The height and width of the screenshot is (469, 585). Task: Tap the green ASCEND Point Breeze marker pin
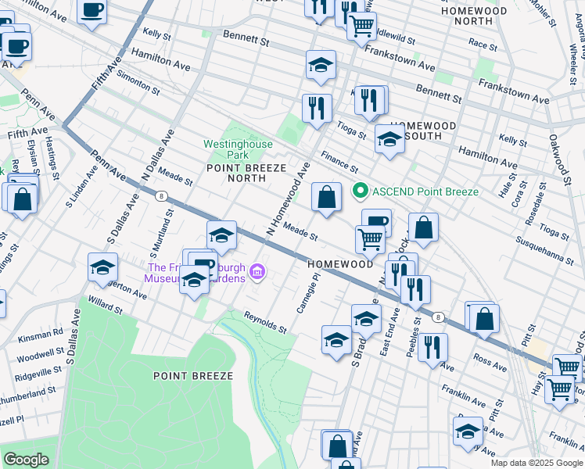(x=361, y=191)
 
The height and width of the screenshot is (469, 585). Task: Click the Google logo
(x=26, y=460)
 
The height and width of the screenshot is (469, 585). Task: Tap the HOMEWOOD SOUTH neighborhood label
(x=423, y=131)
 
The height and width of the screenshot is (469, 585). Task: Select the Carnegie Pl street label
(x=307, y=293)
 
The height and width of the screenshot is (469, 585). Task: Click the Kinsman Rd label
(x=43, y=332)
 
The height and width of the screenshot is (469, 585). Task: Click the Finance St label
(x=339, y=163)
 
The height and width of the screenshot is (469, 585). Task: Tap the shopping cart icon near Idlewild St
(x=361, y=25)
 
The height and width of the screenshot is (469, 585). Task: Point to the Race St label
(x=483, y=45)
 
